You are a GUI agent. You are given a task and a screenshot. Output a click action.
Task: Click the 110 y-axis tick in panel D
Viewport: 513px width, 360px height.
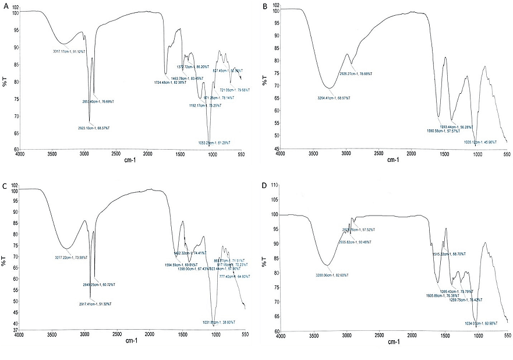(x=273, y=185)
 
